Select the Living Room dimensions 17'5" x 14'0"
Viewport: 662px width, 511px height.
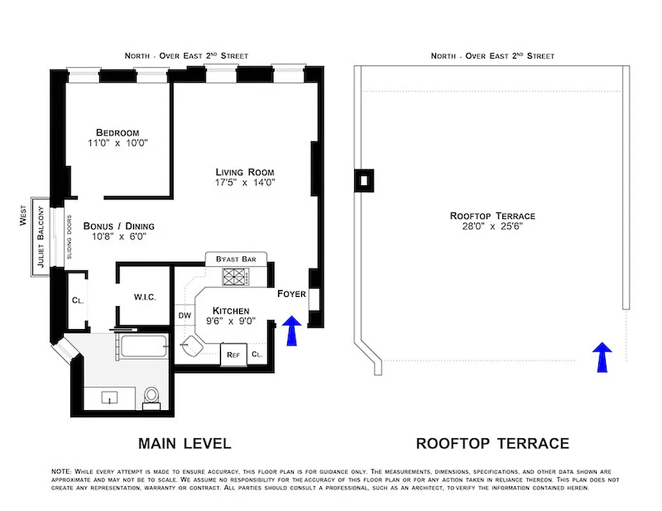(x=245, y=183)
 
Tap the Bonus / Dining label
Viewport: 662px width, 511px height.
(x=119, y=226)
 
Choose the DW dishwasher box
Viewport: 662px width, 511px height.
(x=184, y=316)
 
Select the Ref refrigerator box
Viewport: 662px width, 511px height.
(x=233, y=355)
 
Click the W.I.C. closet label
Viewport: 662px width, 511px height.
(x=145, y=298)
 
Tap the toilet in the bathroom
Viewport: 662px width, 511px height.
(x=151, y=395)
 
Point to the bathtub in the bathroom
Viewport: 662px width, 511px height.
(x=144, y=347)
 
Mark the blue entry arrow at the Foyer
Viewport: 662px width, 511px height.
(x=291, y=330)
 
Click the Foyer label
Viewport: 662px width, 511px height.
(x=291, y=294)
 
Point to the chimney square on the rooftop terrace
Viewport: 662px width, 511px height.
(x=364, y=180)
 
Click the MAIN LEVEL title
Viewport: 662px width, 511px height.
(x=185, y=443)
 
